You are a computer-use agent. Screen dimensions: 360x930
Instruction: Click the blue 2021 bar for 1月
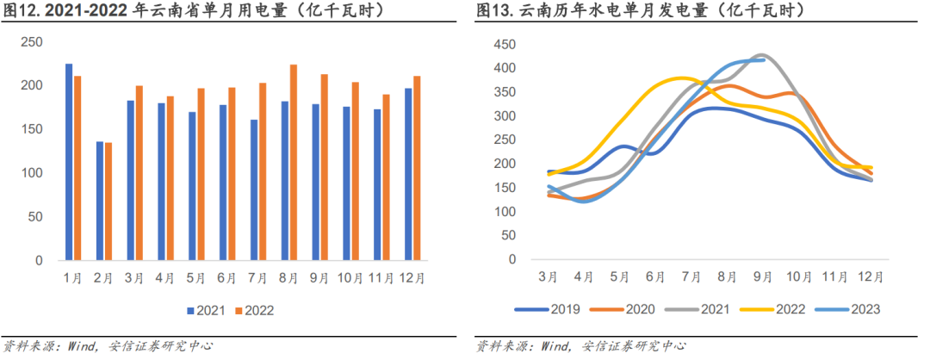[69, 162]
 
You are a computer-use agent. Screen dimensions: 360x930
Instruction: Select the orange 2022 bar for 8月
[294, 162]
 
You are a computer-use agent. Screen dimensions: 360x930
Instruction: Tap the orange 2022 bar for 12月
[417, 168]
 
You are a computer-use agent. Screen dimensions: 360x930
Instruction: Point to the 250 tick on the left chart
[32, 42]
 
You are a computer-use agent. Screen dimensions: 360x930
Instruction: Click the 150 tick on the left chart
[32, 129]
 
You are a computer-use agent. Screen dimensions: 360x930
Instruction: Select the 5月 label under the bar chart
[196, 277]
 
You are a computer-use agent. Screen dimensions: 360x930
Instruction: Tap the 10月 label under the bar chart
[350, 277]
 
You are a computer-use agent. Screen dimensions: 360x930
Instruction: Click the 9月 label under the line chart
[764, 277]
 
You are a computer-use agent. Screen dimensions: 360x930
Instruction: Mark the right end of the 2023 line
[764, 59]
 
